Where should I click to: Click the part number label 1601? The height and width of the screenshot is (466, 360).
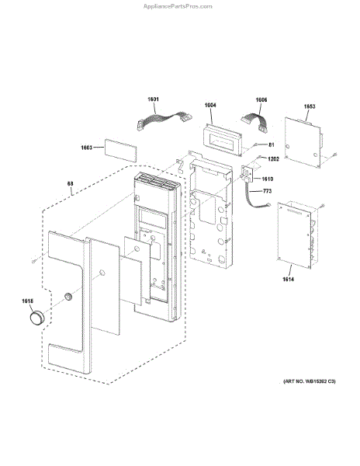(x=153, y=99)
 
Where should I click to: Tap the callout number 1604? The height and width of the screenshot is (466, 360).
(x=210, y=105)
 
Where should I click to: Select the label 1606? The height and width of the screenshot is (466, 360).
(x=261, y=100)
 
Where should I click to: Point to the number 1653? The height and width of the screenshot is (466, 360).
(x=310, y=106)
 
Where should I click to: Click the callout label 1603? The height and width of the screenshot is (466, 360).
(x=87, y=148)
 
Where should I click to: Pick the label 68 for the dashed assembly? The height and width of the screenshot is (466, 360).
(x=70, y=183)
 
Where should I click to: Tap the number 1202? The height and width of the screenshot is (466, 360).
(x=273, y=159)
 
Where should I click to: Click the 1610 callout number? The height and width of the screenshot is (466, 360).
(x=268, y=179)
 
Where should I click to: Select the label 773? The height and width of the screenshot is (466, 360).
(x=267, y=191)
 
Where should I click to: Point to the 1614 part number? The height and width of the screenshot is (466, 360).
(x=288, y=279)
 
